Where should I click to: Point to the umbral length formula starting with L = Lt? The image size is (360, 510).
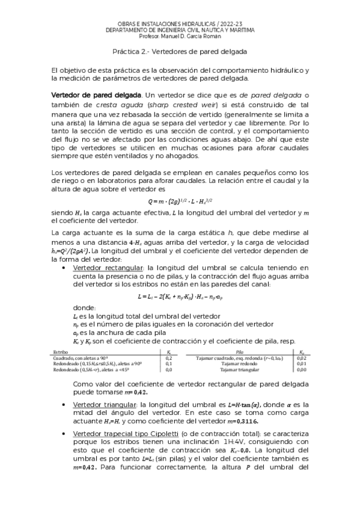coord(180,296)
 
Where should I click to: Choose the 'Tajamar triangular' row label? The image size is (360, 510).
coord(239,370)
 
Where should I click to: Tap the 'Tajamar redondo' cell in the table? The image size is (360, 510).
coord(239,363)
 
